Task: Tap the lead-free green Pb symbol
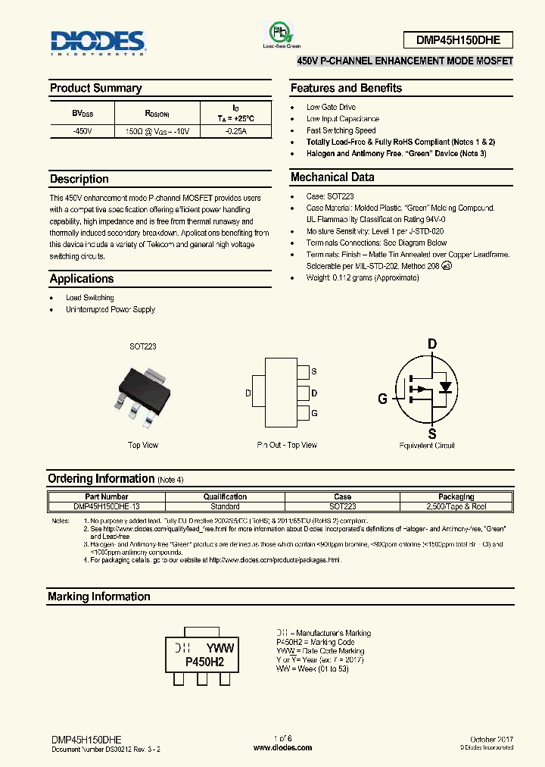[x=281, y=33]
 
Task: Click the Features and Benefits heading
[x=346, y=88]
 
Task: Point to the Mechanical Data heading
[x=332, y=177]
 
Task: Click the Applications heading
[x=81, y=279]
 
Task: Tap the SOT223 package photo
[x=142, y=393]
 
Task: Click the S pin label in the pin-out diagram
[x=314, y=372]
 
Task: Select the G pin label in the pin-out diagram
[x=314, y=413]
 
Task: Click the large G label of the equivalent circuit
[x=383, y=399]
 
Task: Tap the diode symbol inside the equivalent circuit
[x=445, y=387]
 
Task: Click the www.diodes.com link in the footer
[x=282, y=748]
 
